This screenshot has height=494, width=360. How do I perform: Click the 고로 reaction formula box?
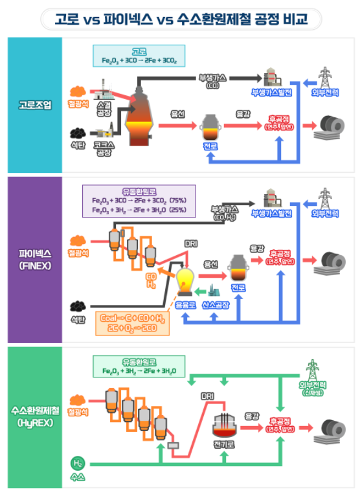pos(139,56)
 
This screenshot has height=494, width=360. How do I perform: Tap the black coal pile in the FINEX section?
pos(78,304)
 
